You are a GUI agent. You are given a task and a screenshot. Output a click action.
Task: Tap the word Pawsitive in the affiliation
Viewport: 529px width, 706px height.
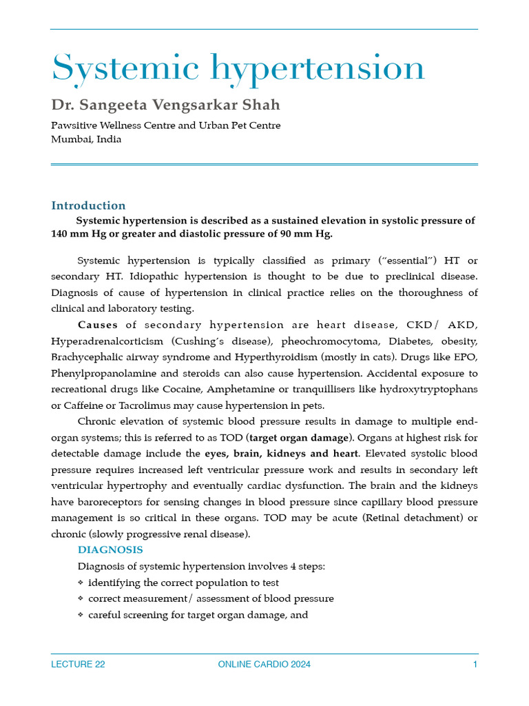(75, 125)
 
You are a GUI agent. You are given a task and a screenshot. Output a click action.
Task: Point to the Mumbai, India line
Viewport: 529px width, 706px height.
(86, 139)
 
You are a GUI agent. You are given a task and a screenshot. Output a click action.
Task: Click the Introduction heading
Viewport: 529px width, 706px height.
(88, 205)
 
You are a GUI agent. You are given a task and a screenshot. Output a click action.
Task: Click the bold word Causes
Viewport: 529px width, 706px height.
(98, 325)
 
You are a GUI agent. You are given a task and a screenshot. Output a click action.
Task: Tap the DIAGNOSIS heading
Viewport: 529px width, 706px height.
(110, 549)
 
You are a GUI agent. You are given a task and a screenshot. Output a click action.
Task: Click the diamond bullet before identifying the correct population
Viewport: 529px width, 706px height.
(81, 583)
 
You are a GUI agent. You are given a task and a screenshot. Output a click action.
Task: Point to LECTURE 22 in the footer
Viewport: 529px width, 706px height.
(78, 665)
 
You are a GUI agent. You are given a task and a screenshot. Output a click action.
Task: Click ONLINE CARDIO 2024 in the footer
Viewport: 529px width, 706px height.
(264, 665)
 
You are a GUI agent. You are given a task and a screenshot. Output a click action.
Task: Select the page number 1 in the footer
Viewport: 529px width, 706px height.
(475, 665)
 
